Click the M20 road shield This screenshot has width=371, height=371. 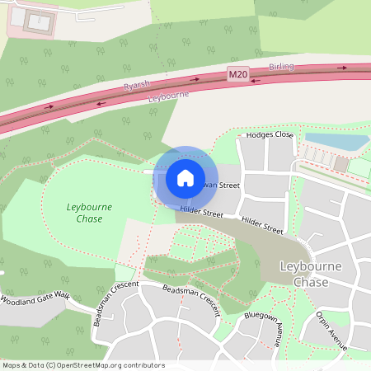tap(237, 75)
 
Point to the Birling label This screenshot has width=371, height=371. tap(281, 66)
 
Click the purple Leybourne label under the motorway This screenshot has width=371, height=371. tap(169, 96)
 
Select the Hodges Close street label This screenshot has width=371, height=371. tap(270, 134)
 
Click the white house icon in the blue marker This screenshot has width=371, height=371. tap(185, 177)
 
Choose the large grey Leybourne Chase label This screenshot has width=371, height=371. tap(316, 274)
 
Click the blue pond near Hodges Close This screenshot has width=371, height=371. tap(335, 141)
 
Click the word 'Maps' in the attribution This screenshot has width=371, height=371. tap(12, 365)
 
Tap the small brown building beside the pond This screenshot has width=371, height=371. tap(340, 164)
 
